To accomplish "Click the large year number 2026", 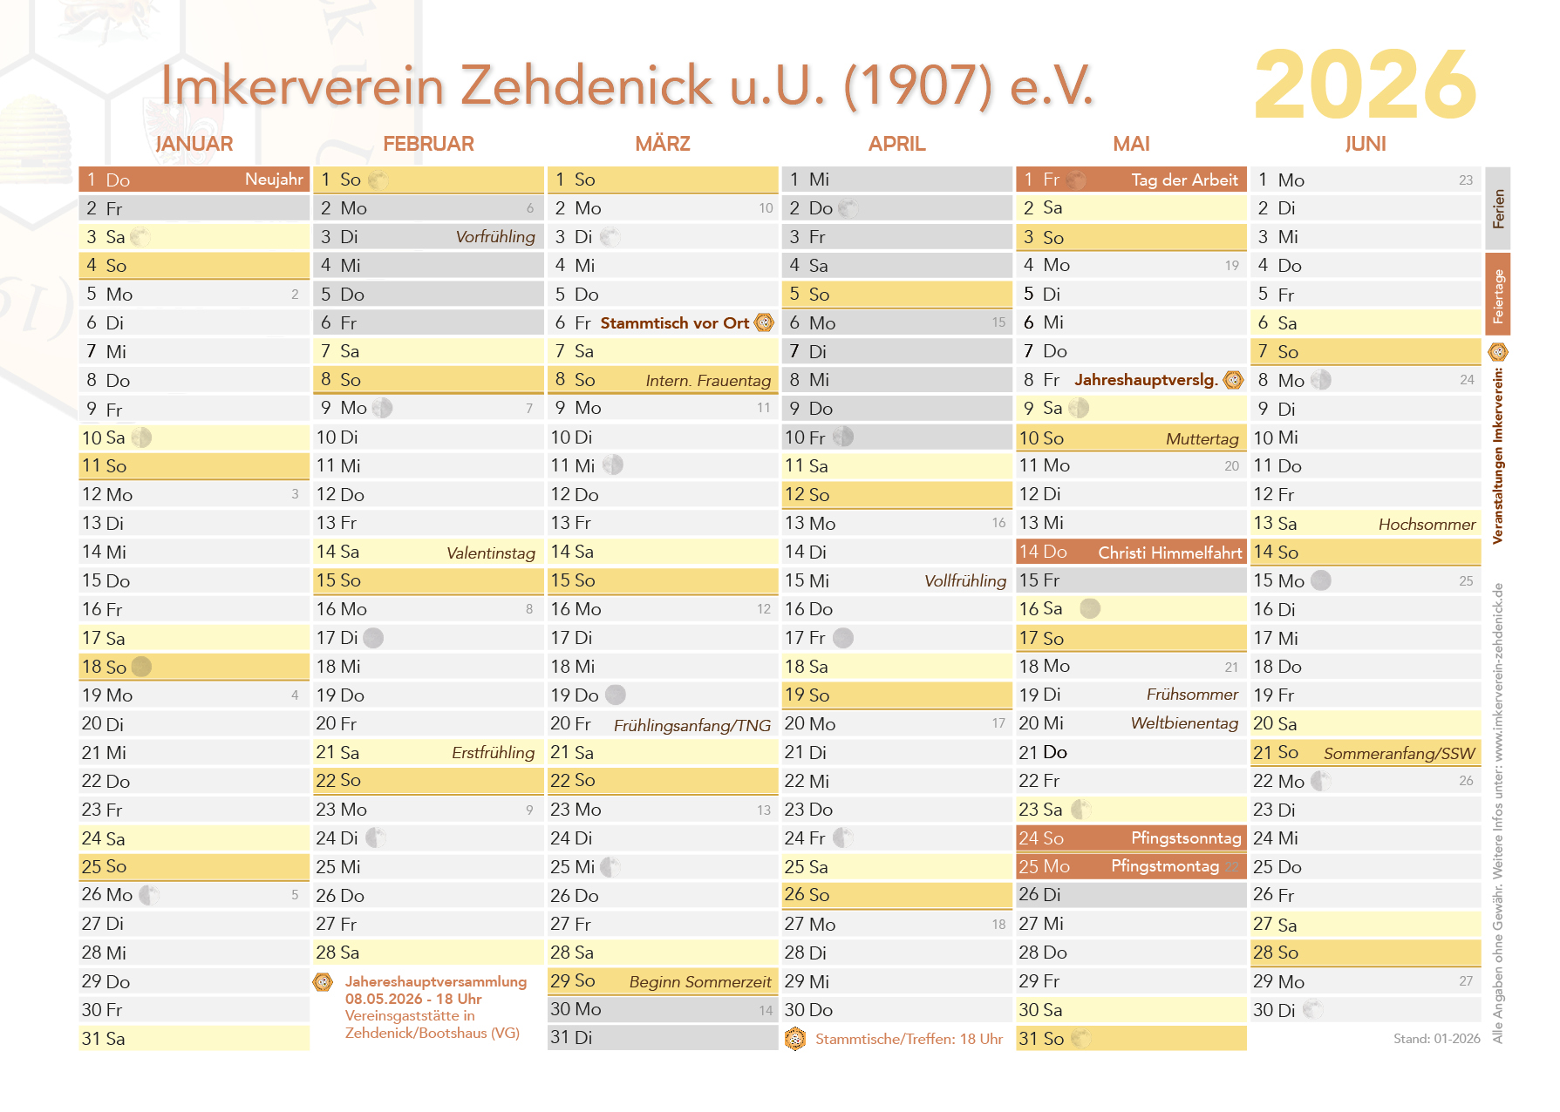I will click(x=1365, y=85).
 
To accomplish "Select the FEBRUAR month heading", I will click(x=428, y=144).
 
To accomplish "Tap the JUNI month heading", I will click(x=1365, y=144).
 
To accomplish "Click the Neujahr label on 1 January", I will click(x=274, y=180).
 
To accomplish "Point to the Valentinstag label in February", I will click(x=491, y=553).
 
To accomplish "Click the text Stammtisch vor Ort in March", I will click(x=674, y=323).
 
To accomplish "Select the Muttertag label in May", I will click(x=1202, y=438).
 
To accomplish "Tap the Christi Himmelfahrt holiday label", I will click(x=1169, y=553).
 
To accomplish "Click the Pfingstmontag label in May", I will click(x=1164, y=866).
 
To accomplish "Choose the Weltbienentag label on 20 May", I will click(x=1184, y=723).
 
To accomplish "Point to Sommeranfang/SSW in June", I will click(x=1399, y=753).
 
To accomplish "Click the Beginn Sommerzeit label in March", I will click(x=700, y=982).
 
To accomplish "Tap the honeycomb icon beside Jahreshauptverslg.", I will click(x=1233, y=380).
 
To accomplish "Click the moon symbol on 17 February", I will click(x=373, y=638).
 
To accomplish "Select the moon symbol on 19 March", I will click(x=616, y=695).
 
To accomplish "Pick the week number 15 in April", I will click(x=998, y=322).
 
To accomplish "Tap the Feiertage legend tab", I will click(x=1498, y=295).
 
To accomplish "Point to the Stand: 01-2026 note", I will click(x=1436, y=1039).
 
